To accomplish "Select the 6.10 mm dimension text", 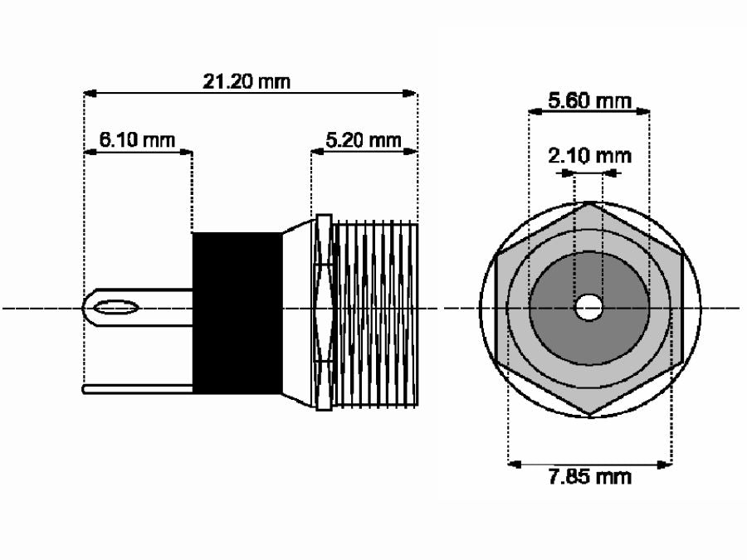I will coord(138,139).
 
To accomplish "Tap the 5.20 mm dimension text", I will coord(363,139).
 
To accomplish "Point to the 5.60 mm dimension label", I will coord(589,101).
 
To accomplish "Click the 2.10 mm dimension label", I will coord(589,155).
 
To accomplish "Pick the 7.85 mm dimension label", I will coord(589,476).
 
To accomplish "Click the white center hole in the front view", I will coord(589,308).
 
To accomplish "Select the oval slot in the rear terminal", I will coord(115,309).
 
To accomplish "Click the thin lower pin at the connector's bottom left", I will coord(137,386).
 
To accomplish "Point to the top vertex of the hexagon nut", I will coord(589,202).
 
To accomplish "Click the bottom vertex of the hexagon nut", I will coord(589,415).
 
